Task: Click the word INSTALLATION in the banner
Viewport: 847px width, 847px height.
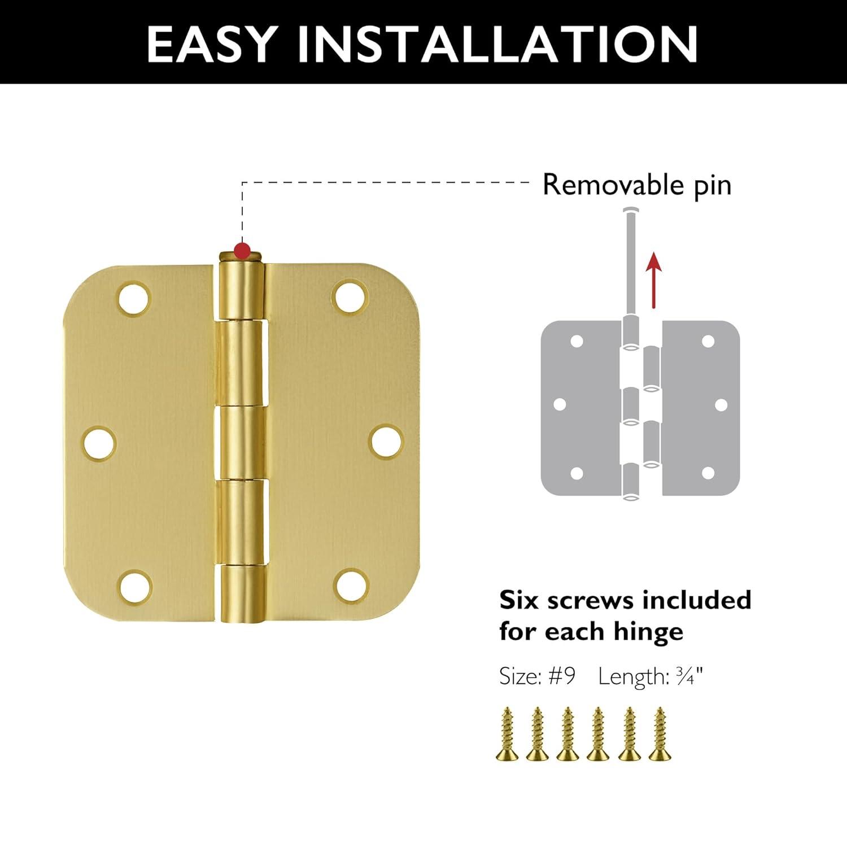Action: coord(498,43)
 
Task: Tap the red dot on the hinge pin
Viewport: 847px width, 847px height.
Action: coord(243,250)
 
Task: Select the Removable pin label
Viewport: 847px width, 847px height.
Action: coord(636,185)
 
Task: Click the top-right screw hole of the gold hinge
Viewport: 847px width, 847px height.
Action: coord(350,296)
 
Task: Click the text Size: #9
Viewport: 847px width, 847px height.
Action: coord(537,676)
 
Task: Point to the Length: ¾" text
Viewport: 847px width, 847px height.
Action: coord(650,676)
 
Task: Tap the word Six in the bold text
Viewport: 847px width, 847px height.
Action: coord(519,600)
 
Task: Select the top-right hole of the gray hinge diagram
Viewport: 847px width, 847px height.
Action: coord(708,341)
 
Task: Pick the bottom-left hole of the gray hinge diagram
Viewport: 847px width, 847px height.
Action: coord(577,473)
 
